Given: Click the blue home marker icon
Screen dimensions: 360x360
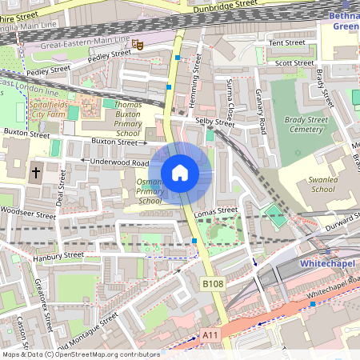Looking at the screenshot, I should click(x=180, y=173).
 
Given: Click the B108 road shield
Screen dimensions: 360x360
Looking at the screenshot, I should click(x=212, y=283).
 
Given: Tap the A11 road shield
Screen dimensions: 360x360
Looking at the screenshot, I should click(x=210, y=335).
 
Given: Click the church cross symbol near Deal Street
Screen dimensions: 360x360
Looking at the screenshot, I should click(x=36, y=171).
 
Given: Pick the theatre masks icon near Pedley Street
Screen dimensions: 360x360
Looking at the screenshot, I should click(x=138, y=46).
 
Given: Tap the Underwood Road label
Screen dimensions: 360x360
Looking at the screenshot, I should click(x=121, y=162).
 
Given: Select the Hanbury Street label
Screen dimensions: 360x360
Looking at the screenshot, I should click(x=58, y=256).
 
